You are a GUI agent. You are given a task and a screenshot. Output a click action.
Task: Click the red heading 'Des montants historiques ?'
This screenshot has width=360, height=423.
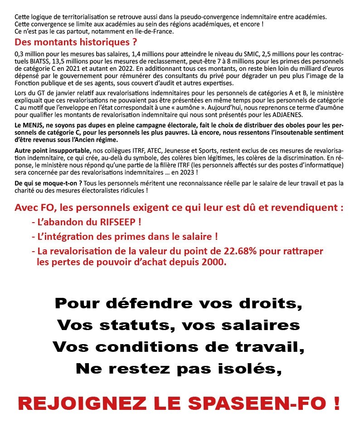pyautogui.click(x=76, y=43)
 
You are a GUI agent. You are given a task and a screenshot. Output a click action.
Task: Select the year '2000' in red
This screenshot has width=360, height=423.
pyautogui.click(x=213, y=262)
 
